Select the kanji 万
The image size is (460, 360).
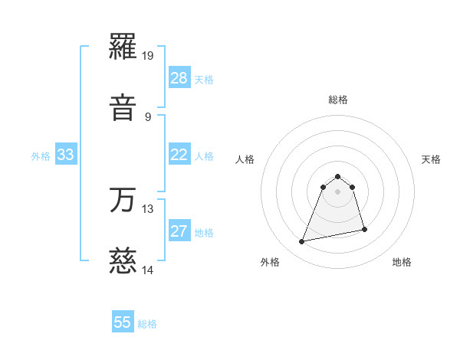point(123,201)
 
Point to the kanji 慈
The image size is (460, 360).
point(123,261)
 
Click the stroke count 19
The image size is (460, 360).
point(148,56)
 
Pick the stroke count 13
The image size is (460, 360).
point(148,208)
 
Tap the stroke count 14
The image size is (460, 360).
point(148,269)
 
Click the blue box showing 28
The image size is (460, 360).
point(179,78)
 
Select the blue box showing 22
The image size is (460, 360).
point(179,155)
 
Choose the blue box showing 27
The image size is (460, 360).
point(179,231)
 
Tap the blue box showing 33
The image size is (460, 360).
point(66,155)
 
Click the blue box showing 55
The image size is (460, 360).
point(123,322)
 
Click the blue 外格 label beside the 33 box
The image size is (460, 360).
point(41,156)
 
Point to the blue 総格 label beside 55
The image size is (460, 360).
point(147,324)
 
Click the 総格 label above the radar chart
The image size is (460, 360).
point(338,100)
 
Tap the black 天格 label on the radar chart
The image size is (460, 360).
point(432,159)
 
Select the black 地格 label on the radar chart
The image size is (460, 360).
point(402,262)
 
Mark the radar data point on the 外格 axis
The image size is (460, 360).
point(302,242)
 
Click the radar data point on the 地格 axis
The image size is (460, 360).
point(364,229)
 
